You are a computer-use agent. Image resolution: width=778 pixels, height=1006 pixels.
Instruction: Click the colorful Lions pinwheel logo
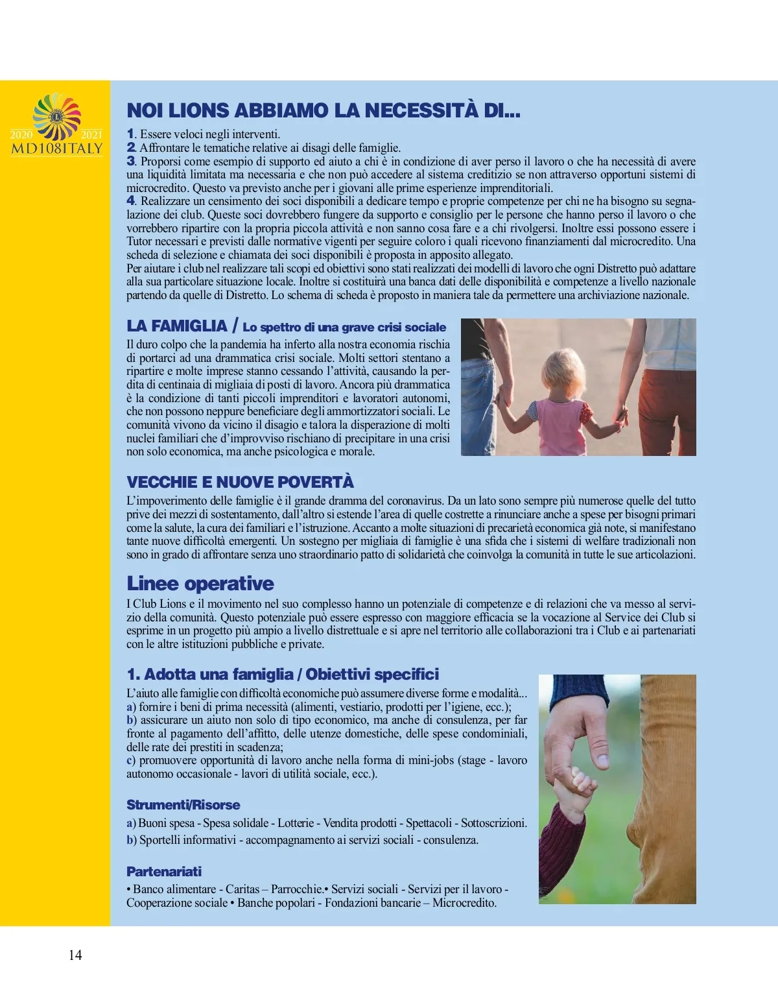pos(57,117)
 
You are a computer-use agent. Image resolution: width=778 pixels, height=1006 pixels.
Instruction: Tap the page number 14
pos(75,955)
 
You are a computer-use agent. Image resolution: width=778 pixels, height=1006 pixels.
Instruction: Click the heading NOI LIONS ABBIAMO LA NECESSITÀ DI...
pos(323,111)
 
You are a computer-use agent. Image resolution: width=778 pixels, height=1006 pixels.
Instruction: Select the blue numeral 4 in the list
pos(130,201)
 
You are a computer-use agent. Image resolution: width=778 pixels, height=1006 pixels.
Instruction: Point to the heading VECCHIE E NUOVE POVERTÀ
pos(240,482)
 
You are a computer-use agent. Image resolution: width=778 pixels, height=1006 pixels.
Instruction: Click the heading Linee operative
pos(200,583)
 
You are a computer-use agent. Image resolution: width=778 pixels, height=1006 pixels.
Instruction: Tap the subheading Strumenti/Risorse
pos(183,805)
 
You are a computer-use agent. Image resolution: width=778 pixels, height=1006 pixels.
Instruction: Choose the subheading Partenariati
pos(164,871)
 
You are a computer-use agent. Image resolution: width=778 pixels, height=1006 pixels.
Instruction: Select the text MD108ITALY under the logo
pos(57,148)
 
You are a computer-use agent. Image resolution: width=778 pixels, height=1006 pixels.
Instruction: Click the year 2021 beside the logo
pos(92,135)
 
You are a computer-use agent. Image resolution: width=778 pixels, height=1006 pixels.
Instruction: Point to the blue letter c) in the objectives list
pos(131,760)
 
